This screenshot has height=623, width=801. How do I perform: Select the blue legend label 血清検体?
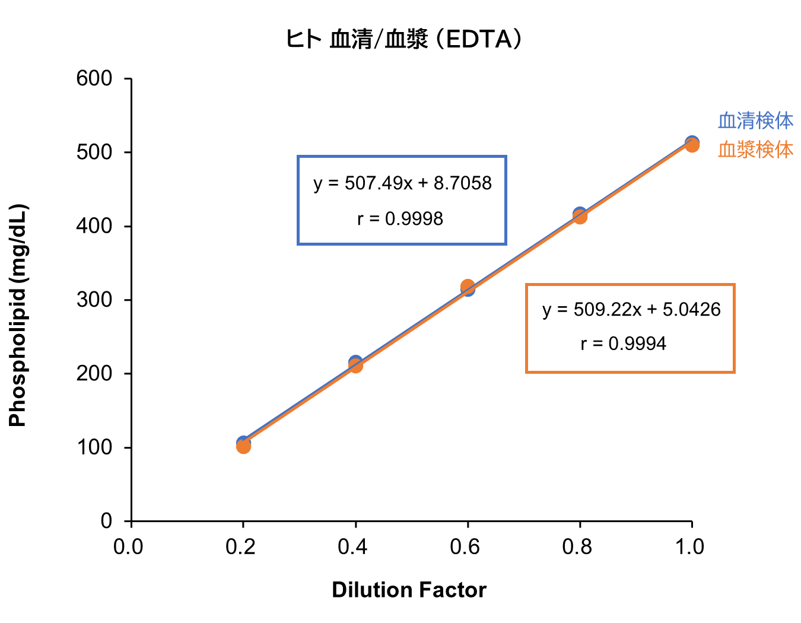click(755, 120)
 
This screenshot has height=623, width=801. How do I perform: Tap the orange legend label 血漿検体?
click(755, 150)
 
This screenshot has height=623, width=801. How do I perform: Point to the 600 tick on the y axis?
click(94, 78)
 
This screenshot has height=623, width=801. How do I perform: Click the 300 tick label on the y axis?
click(94, 300)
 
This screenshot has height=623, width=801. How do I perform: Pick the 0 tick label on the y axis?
click(106, 521)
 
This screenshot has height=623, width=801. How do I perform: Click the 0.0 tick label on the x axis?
click(129, 546)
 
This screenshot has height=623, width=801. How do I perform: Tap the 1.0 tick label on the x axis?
click(689, 546)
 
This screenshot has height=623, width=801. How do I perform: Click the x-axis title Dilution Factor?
click(409, 590)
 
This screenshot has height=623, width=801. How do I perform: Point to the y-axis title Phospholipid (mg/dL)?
click(18, 316)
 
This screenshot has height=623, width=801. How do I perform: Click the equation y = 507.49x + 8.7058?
click(402, 183)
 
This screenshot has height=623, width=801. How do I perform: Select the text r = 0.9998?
click(400, 219)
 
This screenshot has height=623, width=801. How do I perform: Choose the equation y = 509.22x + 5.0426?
click(631, 309)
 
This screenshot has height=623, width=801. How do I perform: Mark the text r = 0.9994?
click(623, 344)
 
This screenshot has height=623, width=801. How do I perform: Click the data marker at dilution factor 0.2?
click(243, 444)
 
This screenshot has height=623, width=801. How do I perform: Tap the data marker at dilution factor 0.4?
click(355, 364)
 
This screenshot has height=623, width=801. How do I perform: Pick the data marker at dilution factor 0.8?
click(580, 215)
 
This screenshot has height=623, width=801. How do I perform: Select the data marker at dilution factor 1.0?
click(692, 144)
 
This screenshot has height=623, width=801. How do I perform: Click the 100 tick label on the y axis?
click(94, 447)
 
